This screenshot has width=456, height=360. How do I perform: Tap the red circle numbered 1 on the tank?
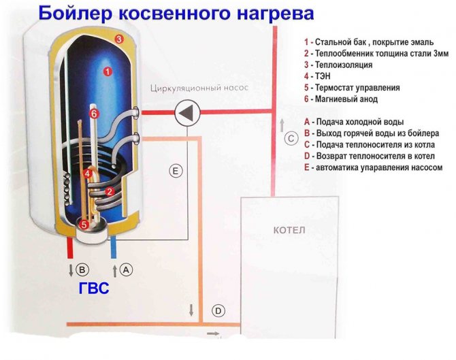point(106,71)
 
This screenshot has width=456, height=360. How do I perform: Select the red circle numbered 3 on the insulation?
point(118,39)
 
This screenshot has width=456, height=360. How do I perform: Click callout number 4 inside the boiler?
point(87,174)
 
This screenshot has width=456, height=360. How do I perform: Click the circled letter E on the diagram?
point(176,172)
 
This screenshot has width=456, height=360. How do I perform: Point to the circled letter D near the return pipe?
point(218,312)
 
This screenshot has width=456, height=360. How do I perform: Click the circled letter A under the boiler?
point(126,269)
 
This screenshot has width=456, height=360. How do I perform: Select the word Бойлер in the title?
point(79,13)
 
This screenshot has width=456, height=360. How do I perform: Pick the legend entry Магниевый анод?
point(348,99)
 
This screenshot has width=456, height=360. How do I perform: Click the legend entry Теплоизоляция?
point(344,65)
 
